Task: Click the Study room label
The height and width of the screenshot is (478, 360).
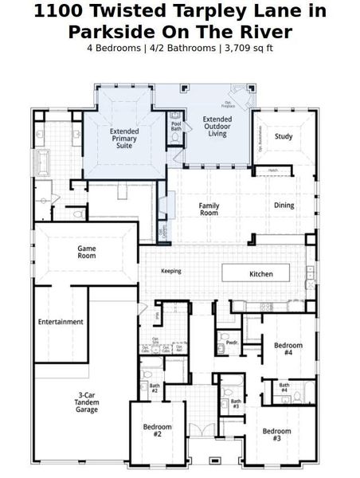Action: [284, 136]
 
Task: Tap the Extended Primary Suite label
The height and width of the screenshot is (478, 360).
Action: [124, 139]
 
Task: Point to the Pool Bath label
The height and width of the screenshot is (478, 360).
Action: [176, 125]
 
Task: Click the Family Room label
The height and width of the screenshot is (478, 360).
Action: [209, 209]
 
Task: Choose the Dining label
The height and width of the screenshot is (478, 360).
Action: [284, 206]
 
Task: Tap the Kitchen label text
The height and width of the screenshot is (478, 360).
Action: [261, 274]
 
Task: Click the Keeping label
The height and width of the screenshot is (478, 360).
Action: [170, 271]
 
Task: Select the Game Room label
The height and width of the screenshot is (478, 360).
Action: [87, 253]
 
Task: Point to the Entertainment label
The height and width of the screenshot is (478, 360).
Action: [61, 322]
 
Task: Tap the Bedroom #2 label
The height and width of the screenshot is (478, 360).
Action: [158, 431]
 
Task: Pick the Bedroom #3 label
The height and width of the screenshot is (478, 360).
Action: [277, 435]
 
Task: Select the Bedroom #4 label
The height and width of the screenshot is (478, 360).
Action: [288, 349]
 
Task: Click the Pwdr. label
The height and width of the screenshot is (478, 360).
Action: [232, 343]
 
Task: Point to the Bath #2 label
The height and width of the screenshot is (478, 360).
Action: [155, 389]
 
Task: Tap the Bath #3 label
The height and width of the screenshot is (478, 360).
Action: [235, 403]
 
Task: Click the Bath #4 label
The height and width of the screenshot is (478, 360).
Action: [284, 388]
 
